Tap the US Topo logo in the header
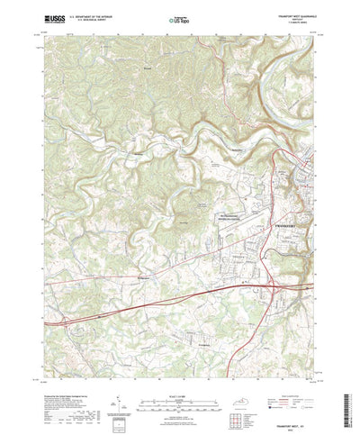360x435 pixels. [180, 17]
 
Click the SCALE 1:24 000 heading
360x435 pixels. [180, 367]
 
